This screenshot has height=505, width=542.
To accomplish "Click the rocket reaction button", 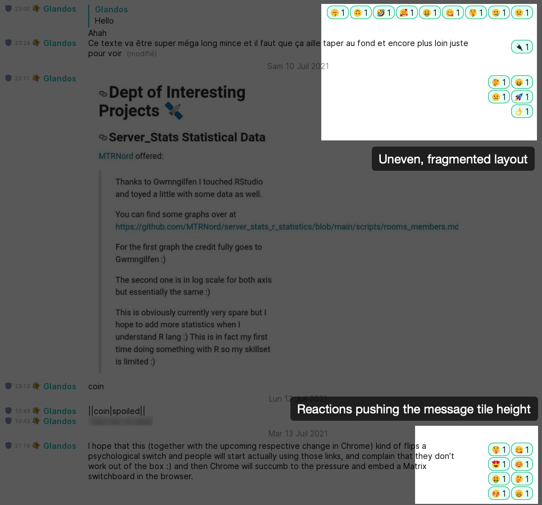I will point(522,97).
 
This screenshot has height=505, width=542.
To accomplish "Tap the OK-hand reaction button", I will point(522,111).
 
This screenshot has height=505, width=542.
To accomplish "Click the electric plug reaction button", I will point(522,47).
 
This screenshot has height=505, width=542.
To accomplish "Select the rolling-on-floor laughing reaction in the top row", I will point(384,12).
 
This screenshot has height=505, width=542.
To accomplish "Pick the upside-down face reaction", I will point(361,12).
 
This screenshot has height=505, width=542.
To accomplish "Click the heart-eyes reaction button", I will point(499,464).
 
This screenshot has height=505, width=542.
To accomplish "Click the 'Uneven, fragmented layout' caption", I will point(453,159).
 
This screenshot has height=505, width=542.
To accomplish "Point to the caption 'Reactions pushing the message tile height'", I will point(413,409).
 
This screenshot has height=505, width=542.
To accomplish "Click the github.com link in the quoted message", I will point(287,227).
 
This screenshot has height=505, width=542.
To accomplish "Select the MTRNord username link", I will point(116,156).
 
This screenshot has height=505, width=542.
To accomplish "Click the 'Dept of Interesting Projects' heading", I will point(172,101).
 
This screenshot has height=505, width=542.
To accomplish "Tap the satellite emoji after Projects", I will point(174,111).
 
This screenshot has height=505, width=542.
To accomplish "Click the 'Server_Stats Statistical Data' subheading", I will point(186,137).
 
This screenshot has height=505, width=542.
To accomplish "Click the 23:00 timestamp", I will point(22,9).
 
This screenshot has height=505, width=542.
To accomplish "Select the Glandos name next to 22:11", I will point(60,79).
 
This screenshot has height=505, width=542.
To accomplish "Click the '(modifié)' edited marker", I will point(142,54).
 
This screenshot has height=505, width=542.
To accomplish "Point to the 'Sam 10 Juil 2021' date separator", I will point(298,66).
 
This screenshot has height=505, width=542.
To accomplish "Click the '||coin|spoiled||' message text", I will point(117,411).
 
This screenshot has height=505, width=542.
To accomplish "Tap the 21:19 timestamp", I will point(22,446).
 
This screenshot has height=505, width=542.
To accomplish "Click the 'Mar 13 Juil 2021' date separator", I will point(298,434).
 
